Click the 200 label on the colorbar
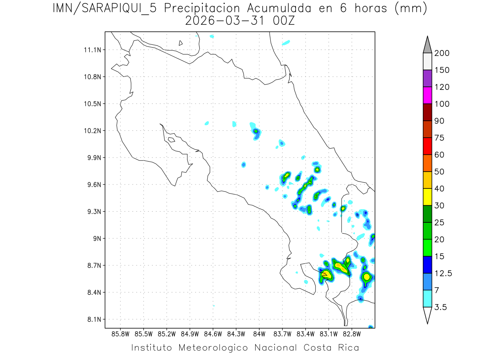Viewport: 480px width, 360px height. coord(442,53)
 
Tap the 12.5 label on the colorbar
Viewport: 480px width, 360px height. coord(443,274)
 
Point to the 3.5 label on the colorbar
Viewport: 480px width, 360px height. coord(441,307)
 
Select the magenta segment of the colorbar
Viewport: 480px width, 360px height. coord(427,95)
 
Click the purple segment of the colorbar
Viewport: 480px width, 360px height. coord(427,78)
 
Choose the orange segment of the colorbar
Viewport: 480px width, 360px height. coord(427,163)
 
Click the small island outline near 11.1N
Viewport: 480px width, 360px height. coord(181,43)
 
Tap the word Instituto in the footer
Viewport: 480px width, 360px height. coord(152,348)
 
